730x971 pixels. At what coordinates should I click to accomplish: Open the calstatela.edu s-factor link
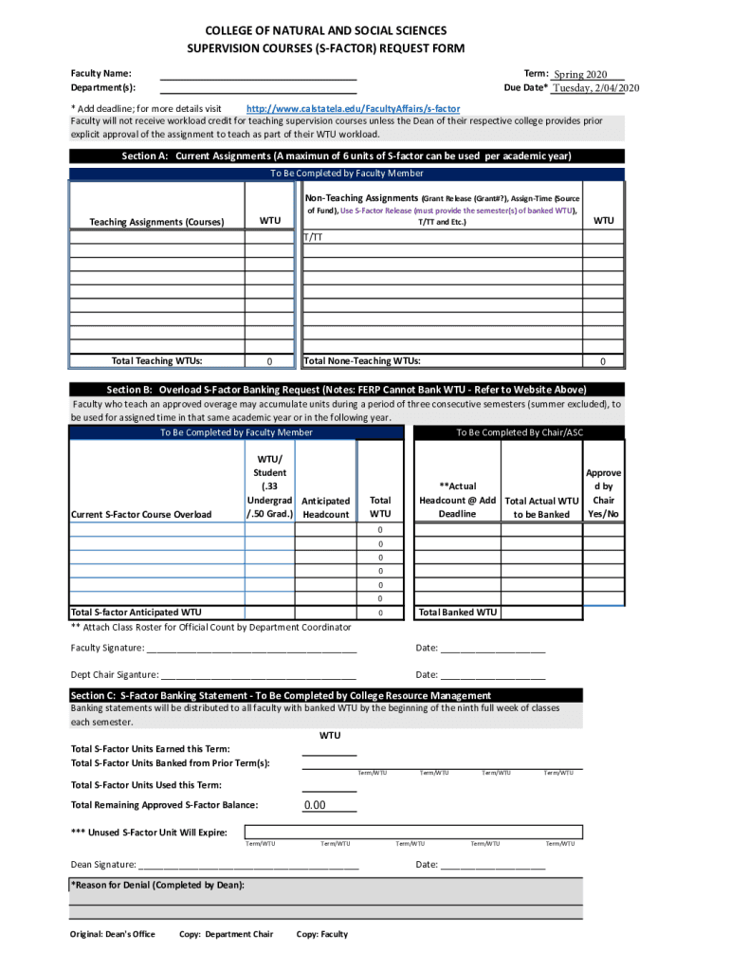coord(353,109)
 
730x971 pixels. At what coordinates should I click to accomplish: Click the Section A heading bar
coord(347,156)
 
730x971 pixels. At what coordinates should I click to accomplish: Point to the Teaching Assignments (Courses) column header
coord(156,222)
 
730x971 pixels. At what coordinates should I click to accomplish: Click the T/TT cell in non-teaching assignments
coord(313,237)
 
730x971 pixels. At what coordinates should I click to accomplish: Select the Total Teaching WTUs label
coord(156,360)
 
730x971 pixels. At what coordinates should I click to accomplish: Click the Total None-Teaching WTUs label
coord(362,360)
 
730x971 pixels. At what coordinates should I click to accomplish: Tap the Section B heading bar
coord(347,390)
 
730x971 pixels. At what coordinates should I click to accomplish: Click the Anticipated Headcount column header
coord(325,507)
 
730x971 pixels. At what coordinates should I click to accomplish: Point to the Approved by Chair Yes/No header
coord(604,493)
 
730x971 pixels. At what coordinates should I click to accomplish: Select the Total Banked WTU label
coord(457,613)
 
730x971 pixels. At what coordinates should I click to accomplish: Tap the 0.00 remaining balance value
coord(314,806)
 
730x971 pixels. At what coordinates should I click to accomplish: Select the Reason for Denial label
coord(157,885)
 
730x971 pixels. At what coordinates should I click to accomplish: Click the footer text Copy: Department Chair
coord(226,934)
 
